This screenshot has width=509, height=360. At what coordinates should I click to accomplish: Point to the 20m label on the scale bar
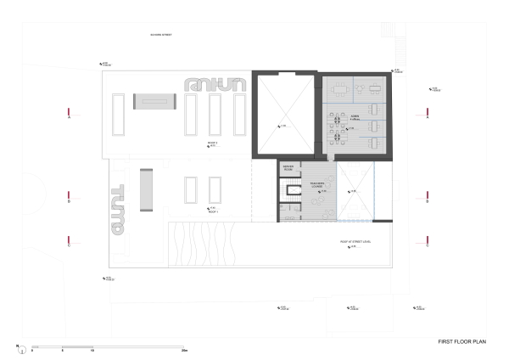coord(183,351)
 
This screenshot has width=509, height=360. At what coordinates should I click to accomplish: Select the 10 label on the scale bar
coord(92,351)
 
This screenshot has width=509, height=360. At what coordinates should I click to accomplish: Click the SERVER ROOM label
coord(287,168)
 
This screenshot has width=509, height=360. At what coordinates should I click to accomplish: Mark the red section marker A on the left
coord(70,117)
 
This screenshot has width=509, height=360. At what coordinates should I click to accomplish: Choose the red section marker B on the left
coord(70,201)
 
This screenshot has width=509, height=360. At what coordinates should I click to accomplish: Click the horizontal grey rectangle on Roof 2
coord(154,99)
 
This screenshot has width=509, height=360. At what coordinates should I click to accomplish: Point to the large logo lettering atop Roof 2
coord(215,84)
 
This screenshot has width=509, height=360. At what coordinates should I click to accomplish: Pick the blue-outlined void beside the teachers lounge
coord(355,191)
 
